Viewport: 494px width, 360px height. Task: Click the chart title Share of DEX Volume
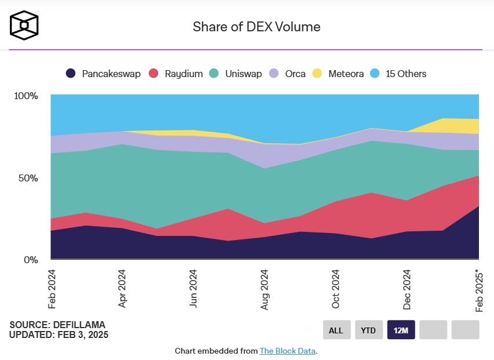pyautogui.click(x=256, y=27)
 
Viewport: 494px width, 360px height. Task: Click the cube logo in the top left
pyautogui.click(x=24, y=25)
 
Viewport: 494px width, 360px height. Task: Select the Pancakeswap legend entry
pyautogui.click(x=103, y=74)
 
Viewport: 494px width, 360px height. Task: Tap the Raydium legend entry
pyautogui.click(x=176, y=74)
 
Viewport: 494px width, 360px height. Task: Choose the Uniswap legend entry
pyautogui.click(x=236, y=74)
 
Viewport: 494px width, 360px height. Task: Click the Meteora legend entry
pyautogui.click(x=339, y=74)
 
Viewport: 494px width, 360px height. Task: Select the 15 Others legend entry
pyautogui.click(x=399, y=74)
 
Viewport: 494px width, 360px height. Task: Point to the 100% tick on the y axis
pyautogui.click(x=25, y=96)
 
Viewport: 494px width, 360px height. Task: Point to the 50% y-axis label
pyautogui.click(x=28, y=178)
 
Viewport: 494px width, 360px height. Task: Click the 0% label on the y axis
pyautogui.click(x=30, y=260)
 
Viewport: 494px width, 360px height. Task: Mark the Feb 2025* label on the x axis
pyautogui.click(x=478, y=291)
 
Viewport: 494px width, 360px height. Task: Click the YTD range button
pyautogui.click(x=368, y=330)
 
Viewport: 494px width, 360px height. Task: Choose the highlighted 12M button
pyautogui.click(x=401, y=330)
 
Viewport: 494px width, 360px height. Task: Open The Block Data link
pyautogui.click(x=287, y=351)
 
